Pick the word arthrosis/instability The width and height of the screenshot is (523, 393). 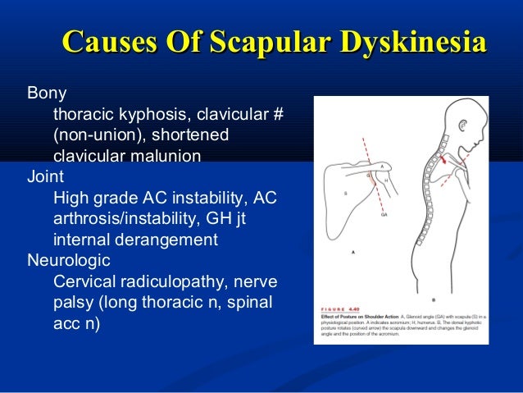(129, 219)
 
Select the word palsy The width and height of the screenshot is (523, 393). (73, 304)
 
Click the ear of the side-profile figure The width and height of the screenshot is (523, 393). (464, 132)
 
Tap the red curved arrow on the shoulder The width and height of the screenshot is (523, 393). (446, 165)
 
